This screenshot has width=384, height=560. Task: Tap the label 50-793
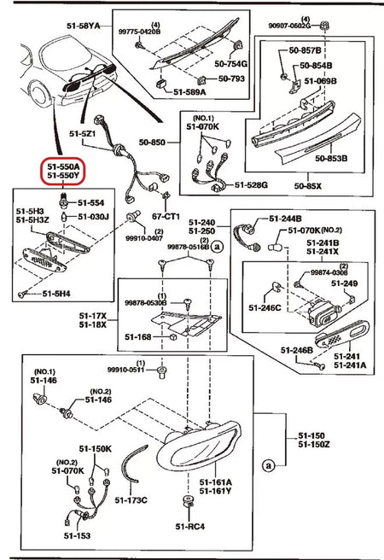click(230, 79)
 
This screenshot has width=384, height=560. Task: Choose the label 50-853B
click(330, 157)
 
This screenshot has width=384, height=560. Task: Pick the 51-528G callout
click(252, 184)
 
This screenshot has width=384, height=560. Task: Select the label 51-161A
click(215, 481)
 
